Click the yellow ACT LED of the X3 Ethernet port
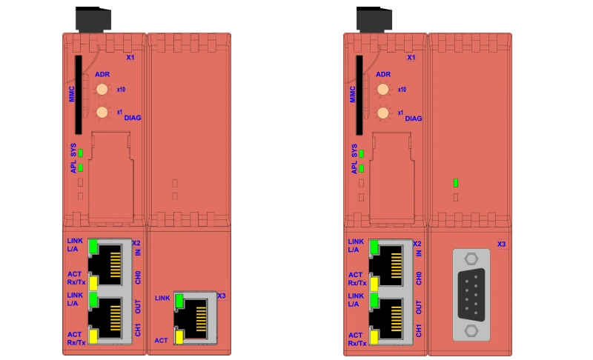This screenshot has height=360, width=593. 180,339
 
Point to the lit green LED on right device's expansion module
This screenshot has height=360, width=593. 455,182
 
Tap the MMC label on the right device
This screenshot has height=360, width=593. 353,94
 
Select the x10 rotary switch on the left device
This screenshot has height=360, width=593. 102,90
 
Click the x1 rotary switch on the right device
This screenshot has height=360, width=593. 382,113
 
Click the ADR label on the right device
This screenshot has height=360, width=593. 382,75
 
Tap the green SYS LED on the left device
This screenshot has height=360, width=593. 80,153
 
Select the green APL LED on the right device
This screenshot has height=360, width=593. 361,168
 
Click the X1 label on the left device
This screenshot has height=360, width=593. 130,57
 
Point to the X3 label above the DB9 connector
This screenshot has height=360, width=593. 501,244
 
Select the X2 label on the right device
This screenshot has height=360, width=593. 417,243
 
